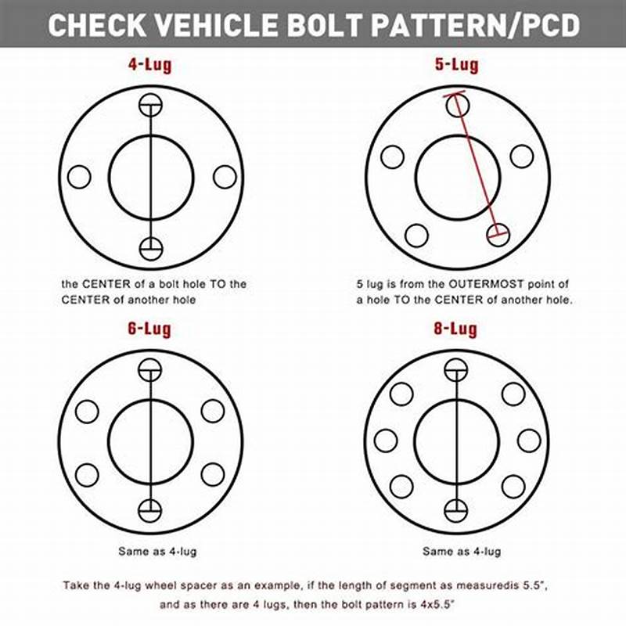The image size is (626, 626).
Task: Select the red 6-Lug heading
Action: (149, 329)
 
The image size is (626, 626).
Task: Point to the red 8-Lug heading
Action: (456, 329)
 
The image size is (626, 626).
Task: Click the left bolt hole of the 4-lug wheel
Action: (79, 177)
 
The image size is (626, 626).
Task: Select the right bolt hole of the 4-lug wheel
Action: (225, 177)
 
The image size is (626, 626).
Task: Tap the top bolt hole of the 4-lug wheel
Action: (150, 106)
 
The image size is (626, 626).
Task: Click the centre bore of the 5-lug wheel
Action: (457, 177)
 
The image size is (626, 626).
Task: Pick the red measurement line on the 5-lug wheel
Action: (476, 167)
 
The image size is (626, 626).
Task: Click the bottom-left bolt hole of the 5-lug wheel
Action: (416, 236)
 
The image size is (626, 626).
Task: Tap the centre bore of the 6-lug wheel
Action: (150, 441)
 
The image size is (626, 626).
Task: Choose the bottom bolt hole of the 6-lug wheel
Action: (150, 510)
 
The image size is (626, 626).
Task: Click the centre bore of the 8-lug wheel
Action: (456, 441)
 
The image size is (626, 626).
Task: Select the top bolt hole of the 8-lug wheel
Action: (456, 370)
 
